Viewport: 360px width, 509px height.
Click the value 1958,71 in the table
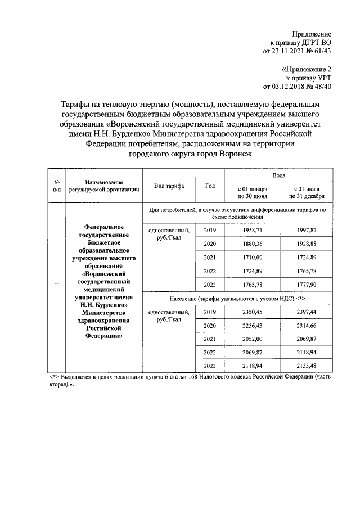click(x=251, y=231)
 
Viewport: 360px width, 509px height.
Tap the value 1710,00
click(x=251, y=257)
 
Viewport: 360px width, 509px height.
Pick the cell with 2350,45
click(x=251, y=312)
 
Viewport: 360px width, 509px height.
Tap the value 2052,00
click(x=251, y=339)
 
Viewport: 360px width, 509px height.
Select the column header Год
click(x=210, y=186)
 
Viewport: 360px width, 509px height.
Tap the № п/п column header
click(x=57, y=186)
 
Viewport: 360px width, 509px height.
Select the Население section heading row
click(x=237, y=298)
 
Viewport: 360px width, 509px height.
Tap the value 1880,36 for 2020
click(x=251, y=244)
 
